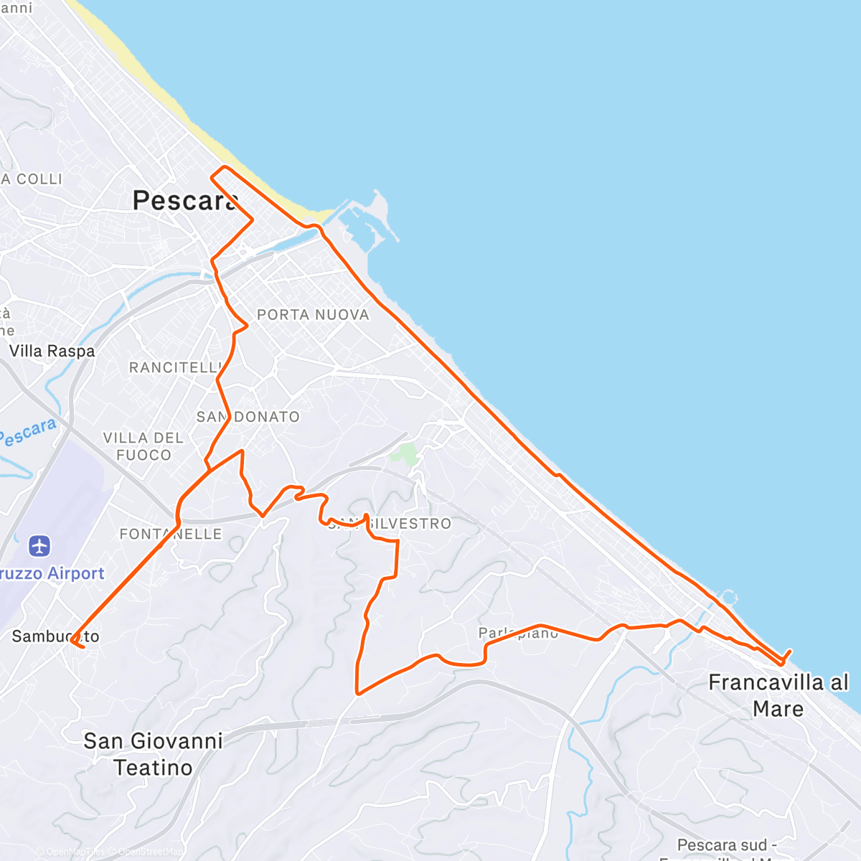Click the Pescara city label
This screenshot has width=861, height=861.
coord(185,201)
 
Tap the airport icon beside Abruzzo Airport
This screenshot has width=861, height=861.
coord(40,546)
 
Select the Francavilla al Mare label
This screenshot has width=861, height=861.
coord(778,695)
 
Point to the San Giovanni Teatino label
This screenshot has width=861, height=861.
coord(153,754)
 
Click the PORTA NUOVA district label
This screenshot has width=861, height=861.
coord(313,315)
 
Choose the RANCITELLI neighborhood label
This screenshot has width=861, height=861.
coord(174,368)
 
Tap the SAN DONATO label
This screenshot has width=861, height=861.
coord(248,417)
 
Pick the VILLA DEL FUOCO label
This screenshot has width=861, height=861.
coord(143,446)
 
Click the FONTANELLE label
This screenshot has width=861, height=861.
coord(171,535)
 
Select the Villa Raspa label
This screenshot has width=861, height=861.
coord(52,352)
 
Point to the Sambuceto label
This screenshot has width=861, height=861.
coord(55,636)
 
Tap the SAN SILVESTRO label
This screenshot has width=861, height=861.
coord(391,524)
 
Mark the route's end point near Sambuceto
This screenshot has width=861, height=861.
coord(83,647)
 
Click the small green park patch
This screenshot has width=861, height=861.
coord(406,453)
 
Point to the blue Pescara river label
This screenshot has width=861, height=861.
coord(27,433)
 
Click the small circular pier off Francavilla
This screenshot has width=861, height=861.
coord(729,596)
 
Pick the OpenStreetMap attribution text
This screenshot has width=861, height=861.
coord(149,852)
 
